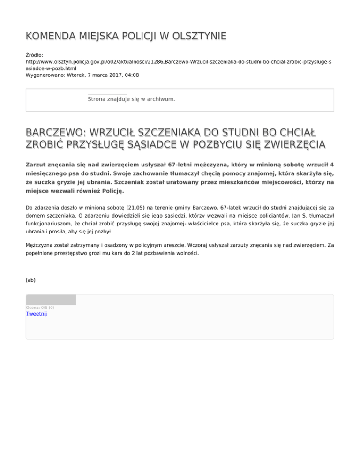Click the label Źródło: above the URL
tap(35, 55)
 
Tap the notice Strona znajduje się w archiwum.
tap(131, 99)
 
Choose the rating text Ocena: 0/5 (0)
tap(40, 308)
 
